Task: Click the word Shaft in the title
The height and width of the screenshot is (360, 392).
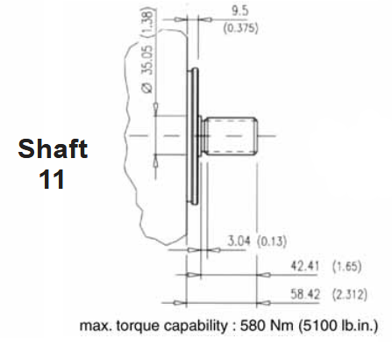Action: [x=53, y=148]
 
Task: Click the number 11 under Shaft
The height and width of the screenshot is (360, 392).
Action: [x=52, y=179]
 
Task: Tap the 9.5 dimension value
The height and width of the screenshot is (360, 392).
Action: [x=240, y=11]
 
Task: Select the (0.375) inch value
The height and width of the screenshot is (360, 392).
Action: [x=241, y=28]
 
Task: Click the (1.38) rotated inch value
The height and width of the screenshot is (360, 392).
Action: [x=148, y=24]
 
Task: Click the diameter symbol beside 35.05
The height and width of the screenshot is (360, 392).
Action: [x=148, y=88]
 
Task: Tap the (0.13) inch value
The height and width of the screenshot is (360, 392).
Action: [x=272, y=241]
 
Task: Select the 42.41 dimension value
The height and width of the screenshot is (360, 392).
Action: [x=304, y=266]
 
